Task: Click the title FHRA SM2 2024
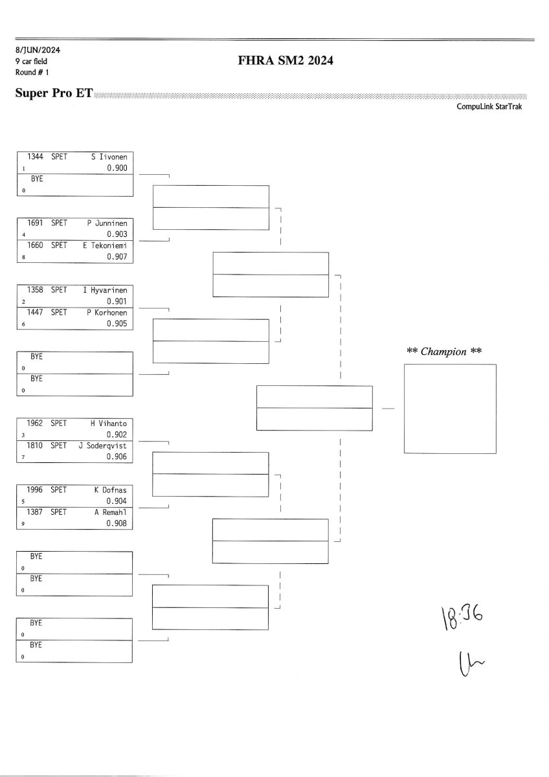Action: coord(286,62)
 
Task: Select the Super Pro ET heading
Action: coord(54,93)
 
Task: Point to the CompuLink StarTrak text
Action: coord(489,107)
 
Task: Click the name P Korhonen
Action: coord(107,313)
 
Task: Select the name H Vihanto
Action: coord(108,423)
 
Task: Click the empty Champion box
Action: coord(450,409)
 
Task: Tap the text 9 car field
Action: coord(31,61)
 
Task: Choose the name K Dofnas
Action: coord(110,490)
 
